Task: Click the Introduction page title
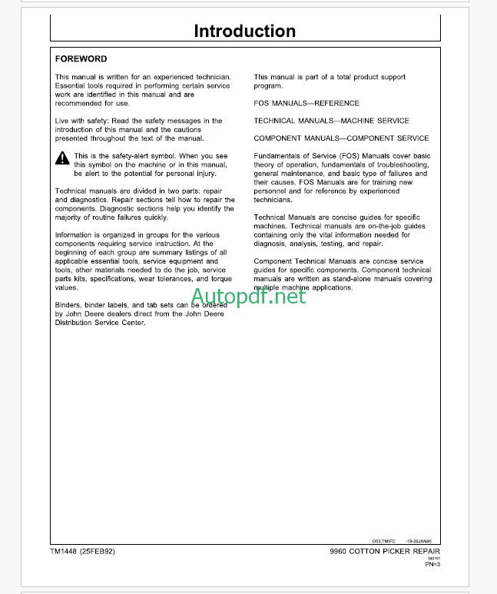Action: pyautogui.click(x=244, y=32)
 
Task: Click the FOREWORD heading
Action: pyautogui.click(x=81, y=59)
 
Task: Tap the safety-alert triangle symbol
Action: pyautogui.click(x=62, y=158)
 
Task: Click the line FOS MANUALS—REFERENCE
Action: pyautogui.click(x=306, y=103)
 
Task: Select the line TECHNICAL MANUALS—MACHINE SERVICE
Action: pyautogui.click(x=331, y=121)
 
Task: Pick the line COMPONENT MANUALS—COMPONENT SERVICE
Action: pyautogui.click(x=342, y=138)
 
